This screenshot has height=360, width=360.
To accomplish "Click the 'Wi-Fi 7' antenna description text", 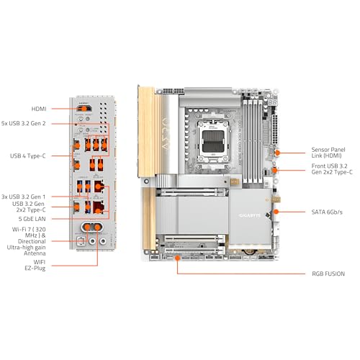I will pos(35,240).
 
